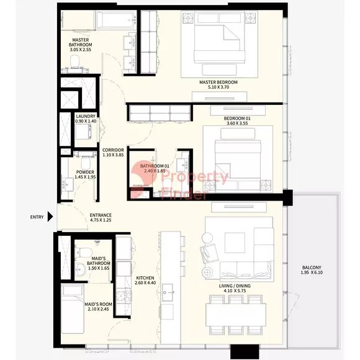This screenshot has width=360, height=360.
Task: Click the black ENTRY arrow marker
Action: pyautogui.click(x=50, y=217)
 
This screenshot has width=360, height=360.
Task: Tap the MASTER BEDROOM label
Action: pyautogui.click(x=218, y=82)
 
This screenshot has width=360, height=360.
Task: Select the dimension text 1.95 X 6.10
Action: pyautogui.click(x=312, y=272)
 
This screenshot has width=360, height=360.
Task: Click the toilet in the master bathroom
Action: pyautogui.click(x=74, y=61)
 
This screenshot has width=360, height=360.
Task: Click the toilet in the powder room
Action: pyautogui.click(x=86, y=162)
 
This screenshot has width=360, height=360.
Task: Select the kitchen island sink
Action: pyautogui.click(x=168, y=292)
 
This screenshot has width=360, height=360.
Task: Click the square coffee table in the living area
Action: pyautogui.click(x=235, y=243)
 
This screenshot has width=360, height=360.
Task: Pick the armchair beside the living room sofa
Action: pyautogui.click(x=209, y=253)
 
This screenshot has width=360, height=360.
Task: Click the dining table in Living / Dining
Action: pyautogui.click(x=236, y=315)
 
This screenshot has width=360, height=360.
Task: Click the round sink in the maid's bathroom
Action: pyautogui.click(x=80, y=269)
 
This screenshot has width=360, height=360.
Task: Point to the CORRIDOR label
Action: pyautogui.click(x=113, y=150)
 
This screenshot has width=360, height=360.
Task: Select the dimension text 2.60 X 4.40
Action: pyautogui.click(x=145, y=283)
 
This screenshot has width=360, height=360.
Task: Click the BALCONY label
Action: pyautogui.click(x=312, y=268)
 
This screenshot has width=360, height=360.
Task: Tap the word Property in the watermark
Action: pyautogui.click(x=195, y=177)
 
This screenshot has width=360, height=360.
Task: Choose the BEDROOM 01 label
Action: pyautogui.click(x=237, y=119)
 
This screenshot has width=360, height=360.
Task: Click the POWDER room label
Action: pyautogui.click(x=85, y=172)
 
